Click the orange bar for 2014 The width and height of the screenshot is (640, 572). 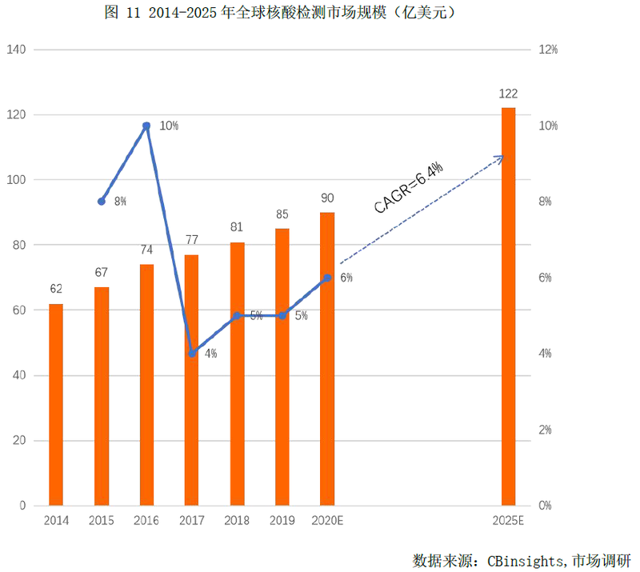click(56, 405)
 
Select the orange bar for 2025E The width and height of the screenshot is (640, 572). click(508, 306)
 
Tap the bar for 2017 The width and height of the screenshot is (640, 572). click(192, 380)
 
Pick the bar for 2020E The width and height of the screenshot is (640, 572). click(327, 359)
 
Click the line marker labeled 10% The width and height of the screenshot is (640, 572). click(146, 126)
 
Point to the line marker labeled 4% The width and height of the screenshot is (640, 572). click(192, 354)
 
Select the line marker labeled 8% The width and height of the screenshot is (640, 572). click(101, 202)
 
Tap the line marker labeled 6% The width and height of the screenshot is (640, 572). click(327, 278)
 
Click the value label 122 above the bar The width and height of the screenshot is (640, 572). click(508, 94)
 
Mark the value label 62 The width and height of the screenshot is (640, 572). click(56, 289)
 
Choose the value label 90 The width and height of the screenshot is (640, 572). click(327, 198)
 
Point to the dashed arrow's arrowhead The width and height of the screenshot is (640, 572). click(502, 158)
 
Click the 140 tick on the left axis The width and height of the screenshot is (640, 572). click(17, 50)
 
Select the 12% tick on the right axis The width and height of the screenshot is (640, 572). click(547, 50)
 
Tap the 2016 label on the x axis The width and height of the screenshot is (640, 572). click(146, 521)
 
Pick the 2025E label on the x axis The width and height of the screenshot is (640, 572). click(508, 521)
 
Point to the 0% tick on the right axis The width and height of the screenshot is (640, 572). click(545, 506)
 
